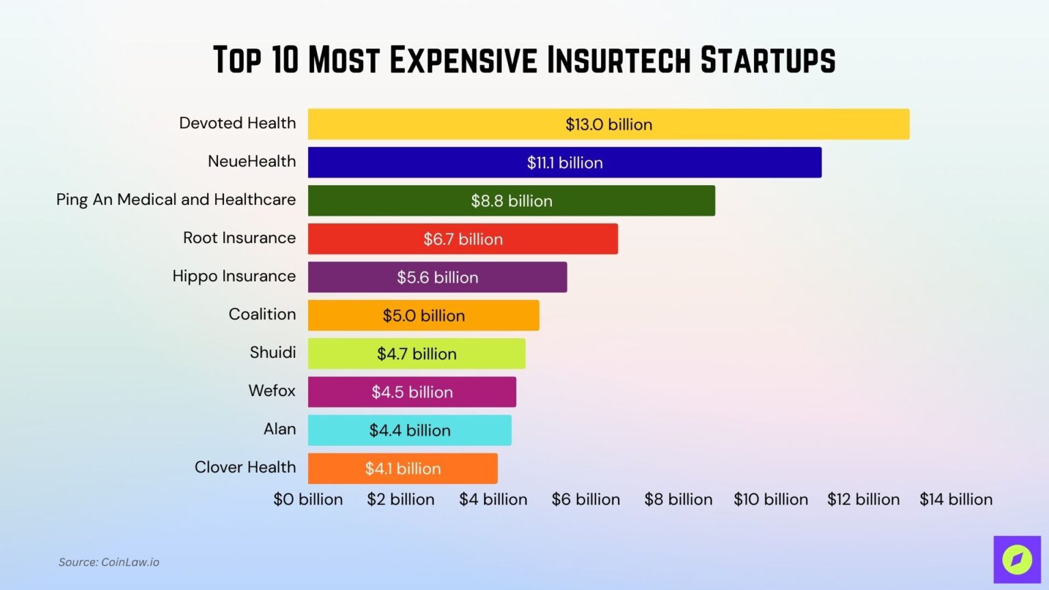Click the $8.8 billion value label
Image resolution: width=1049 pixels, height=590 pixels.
512,201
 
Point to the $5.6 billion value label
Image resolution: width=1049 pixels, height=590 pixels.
438,277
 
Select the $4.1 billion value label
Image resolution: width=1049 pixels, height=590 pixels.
403,468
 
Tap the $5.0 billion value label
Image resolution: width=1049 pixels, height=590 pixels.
423,315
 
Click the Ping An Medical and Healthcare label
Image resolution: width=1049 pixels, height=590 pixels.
176,199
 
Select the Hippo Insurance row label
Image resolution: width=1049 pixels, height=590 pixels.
234,276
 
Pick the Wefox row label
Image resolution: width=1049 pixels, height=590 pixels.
272,391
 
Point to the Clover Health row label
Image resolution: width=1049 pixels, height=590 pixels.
245,467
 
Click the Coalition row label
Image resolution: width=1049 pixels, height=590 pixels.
262,314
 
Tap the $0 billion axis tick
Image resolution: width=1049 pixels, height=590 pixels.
308,499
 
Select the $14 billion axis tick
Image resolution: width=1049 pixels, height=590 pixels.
956,499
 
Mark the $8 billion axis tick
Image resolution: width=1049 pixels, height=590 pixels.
678,499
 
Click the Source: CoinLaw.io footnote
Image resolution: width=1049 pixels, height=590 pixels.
109,562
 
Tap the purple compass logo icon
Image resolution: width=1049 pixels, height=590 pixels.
1017,560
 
